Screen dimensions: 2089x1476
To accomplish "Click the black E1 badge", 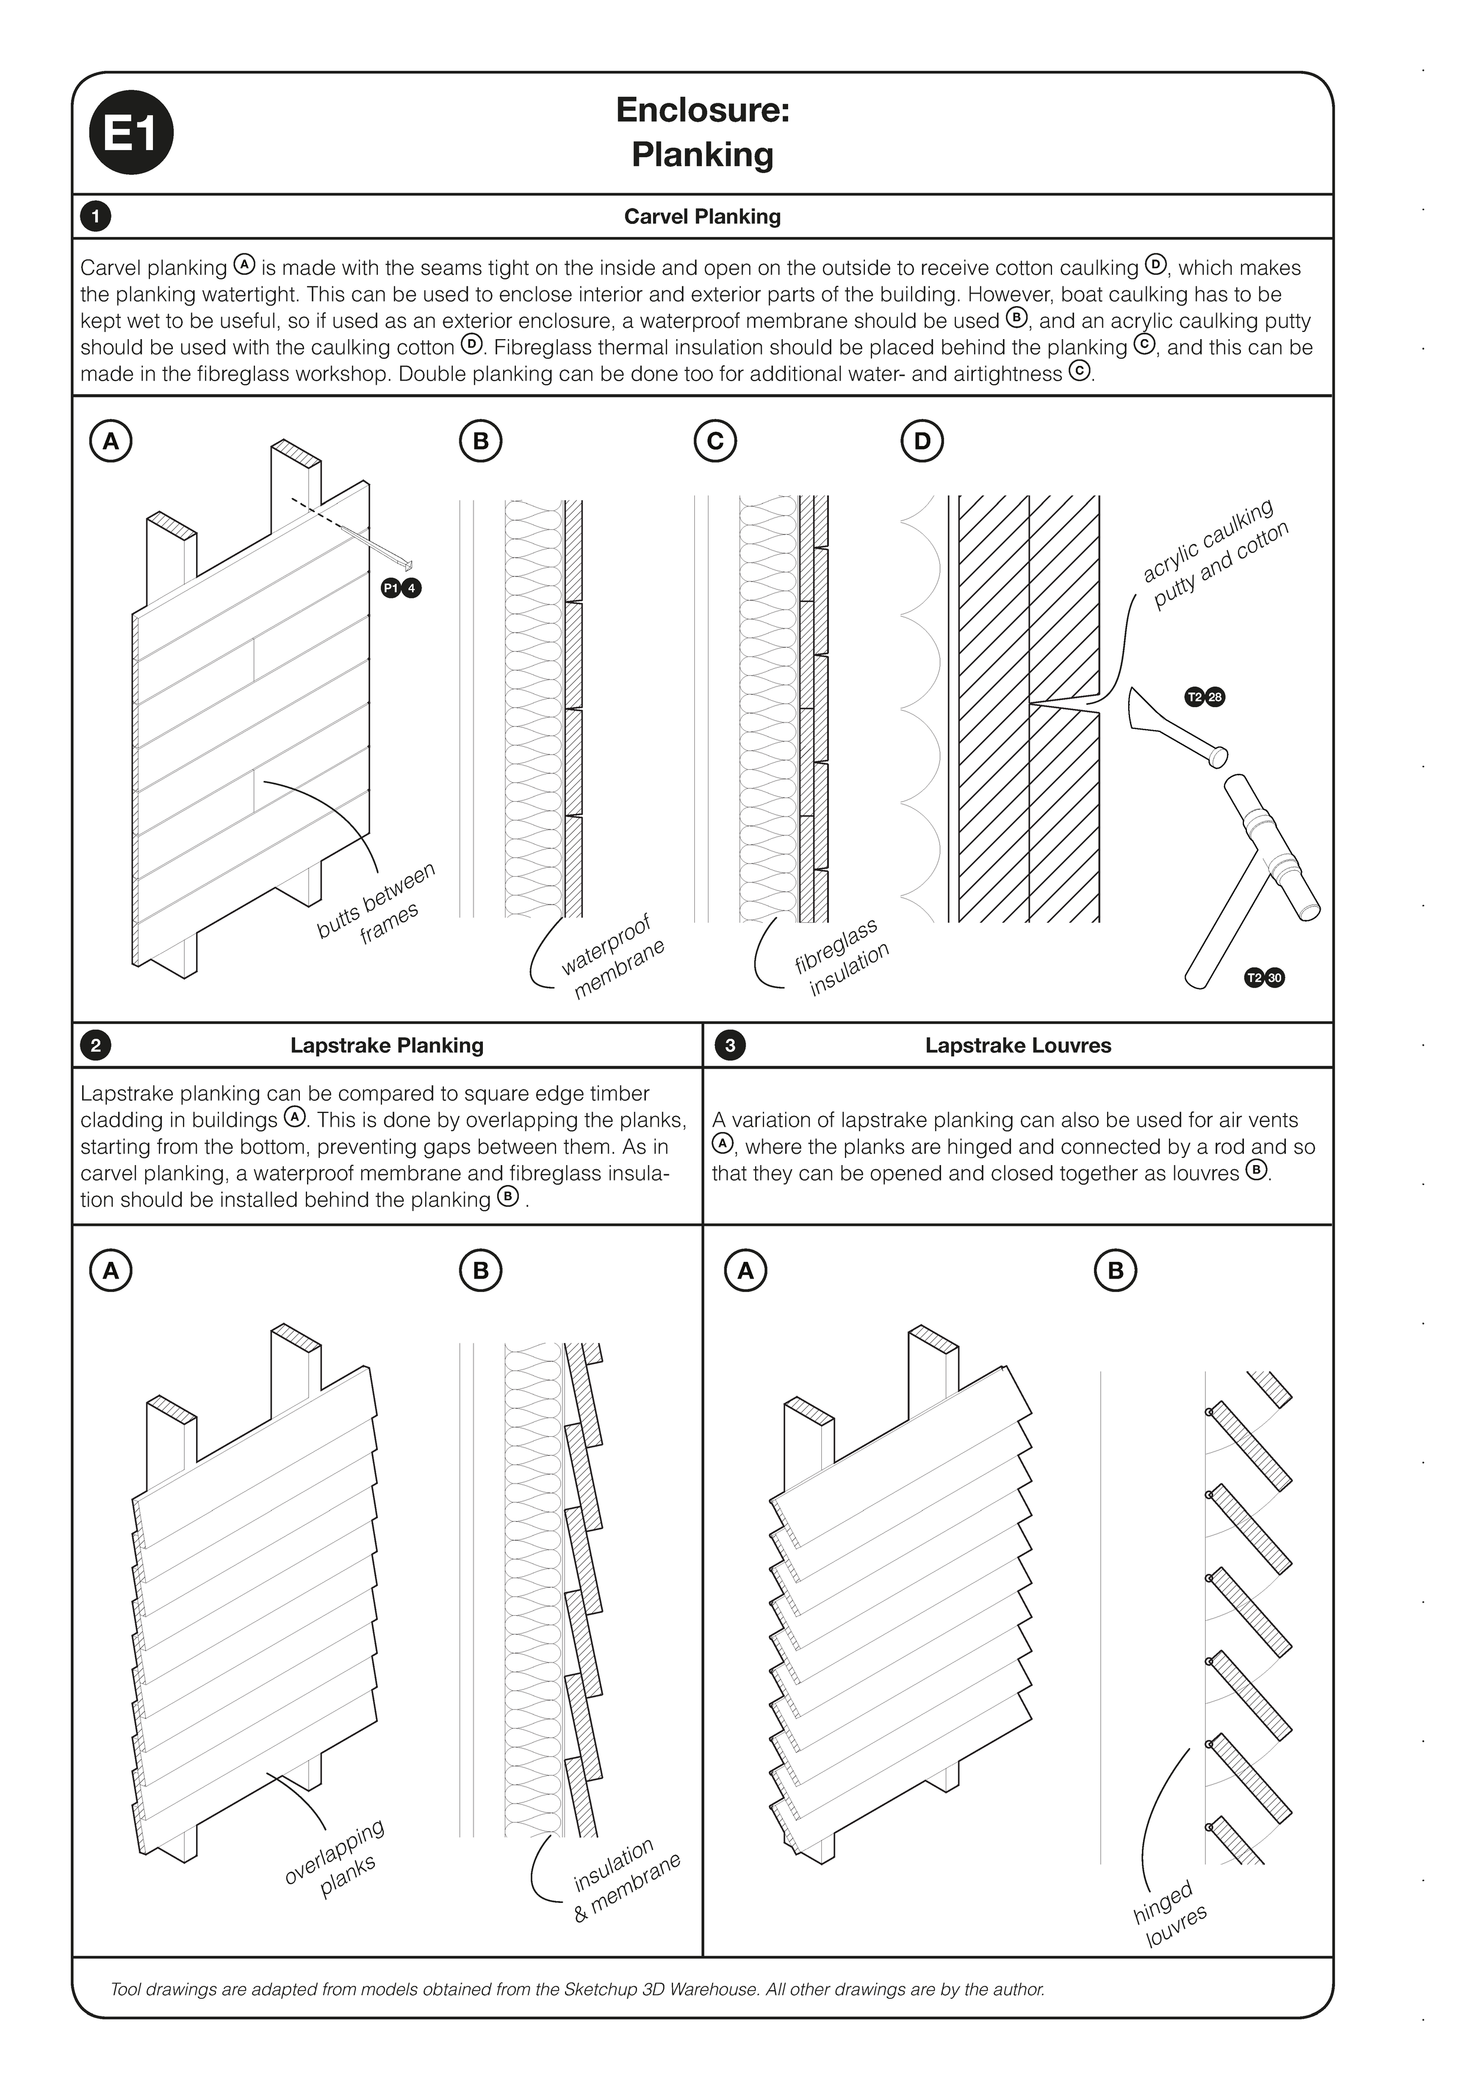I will point(131,133).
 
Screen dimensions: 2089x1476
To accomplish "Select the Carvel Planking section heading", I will point(702,217).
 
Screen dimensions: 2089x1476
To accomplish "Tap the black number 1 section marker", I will point(96,217).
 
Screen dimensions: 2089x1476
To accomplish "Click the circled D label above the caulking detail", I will point(921,441).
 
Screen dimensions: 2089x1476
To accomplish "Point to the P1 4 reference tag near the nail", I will point(401,588).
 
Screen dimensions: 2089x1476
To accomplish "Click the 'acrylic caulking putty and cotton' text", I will point(1216,554).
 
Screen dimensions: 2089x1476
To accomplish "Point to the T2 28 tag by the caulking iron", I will point(1205,698).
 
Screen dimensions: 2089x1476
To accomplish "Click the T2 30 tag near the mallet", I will point(1264,978).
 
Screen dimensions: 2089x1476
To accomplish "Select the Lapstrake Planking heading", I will point(387,1046).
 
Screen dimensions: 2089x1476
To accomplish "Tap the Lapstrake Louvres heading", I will point(1018,1046).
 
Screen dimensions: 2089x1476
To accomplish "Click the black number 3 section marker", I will point(729,1046).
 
